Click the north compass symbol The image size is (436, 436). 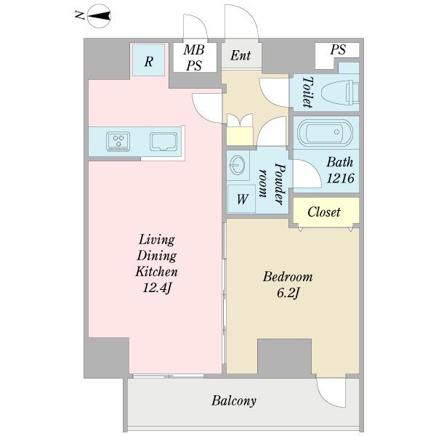99,17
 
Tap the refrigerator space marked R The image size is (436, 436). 148,60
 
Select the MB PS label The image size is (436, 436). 194,58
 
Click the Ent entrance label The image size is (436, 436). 241,55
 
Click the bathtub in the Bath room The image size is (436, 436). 325,133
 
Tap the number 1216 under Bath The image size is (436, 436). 340,178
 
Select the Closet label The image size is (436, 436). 324,212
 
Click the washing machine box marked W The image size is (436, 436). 241,198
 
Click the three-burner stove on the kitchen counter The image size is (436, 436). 118,142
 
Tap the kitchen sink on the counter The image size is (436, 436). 163,142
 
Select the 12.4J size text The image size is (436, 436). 156,288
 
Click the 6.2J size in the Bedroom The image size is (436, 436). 288,293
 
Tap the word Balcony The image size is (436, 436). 233,400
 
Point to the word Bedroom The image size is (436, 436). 288,277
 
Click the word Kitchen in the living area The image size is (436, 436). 156,272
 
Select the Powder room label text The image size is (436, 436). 272,184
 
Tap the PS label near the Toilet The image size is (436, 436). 338,49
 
